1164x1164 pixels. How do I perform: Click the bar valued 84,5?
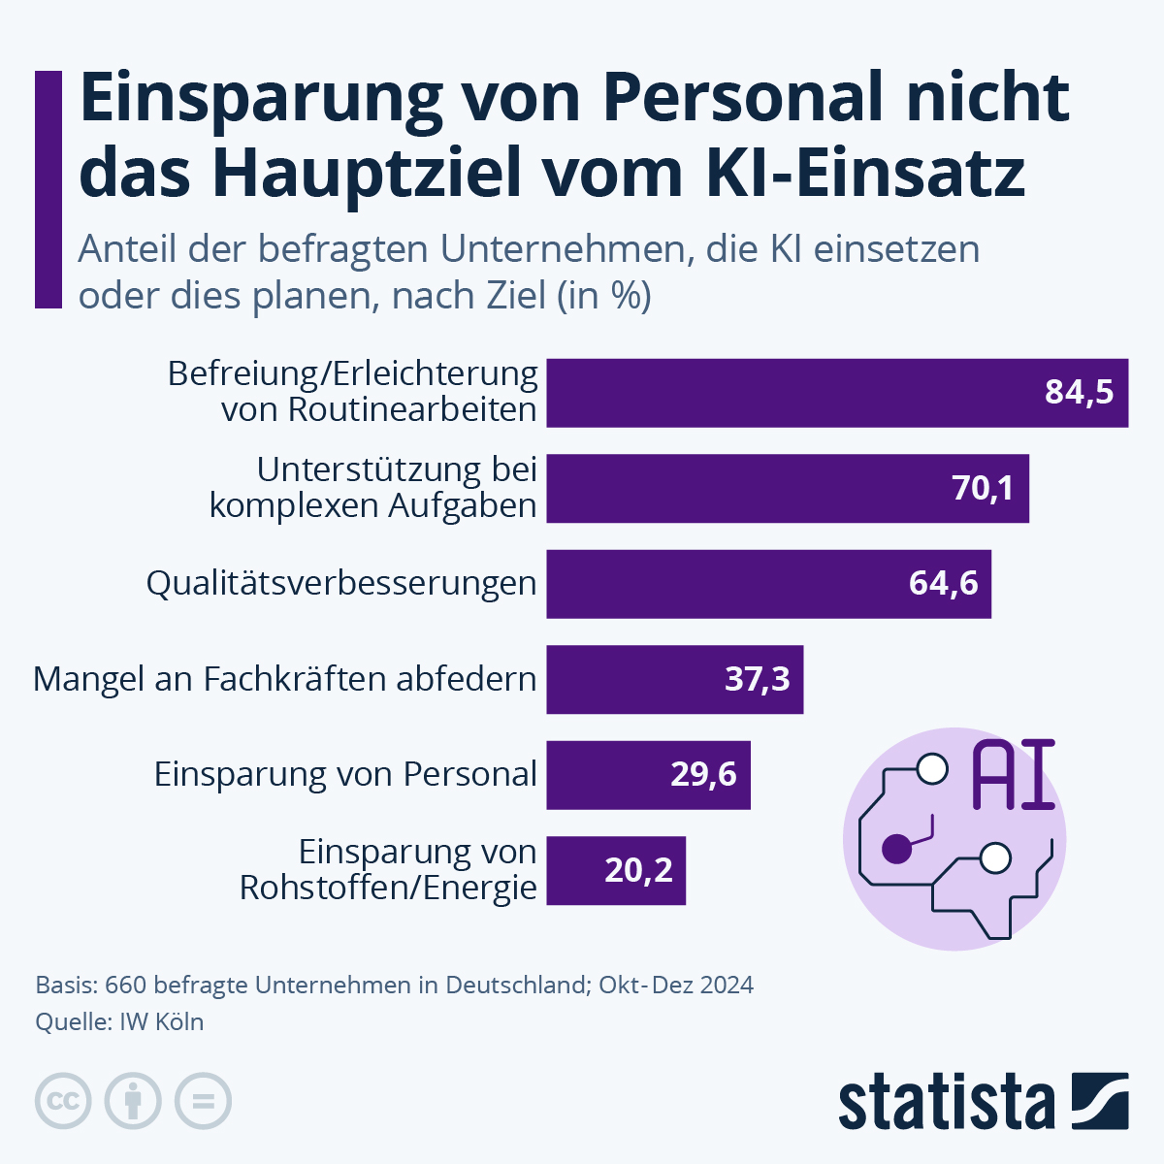(x=836, y=393)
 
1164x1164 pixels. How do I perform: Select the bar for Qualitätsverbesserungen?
(x=768, y=584)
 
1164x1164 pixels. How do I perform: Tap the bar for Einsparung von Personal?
(x=648, y=775)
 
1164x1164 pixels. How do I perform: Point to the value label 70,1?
(x=983, y=488)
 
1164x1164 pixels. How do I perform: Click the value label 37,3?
(x=757, y=679)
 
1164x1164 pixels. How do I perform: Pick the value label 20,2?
(x=638, y=870)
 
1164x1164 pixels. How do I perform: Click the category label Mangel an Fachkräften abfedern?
(x=284, y=679)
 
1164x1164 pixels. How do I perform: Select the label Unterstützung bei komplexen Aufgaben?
(x=373, y=488)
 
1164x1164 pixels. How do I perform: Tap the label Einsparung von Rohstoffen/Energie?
(x=389, y=870)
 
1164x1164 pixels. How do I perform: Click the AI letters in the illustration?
(x=1013, y=775)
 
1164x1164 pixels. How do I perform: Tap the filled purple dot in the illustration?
(x=896, y=849)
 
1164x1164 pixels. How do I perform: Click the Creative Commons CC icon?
(x=63, y=1101)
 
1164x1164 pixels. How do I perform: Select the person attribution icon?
(x=133, y=1101)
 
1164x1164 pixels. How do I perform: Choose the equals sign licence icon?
(x=203, y=1101)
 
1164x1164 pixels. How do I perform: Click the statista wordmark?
(x=946, y=1102)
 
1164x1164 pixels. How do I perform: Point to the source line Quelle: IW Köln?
(x=119, y=1022)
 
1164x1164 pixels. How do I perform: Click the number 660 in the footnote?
(x=125, y=986)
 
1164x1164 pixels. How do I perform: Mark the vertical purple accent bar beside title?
(x=48, y=189)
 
